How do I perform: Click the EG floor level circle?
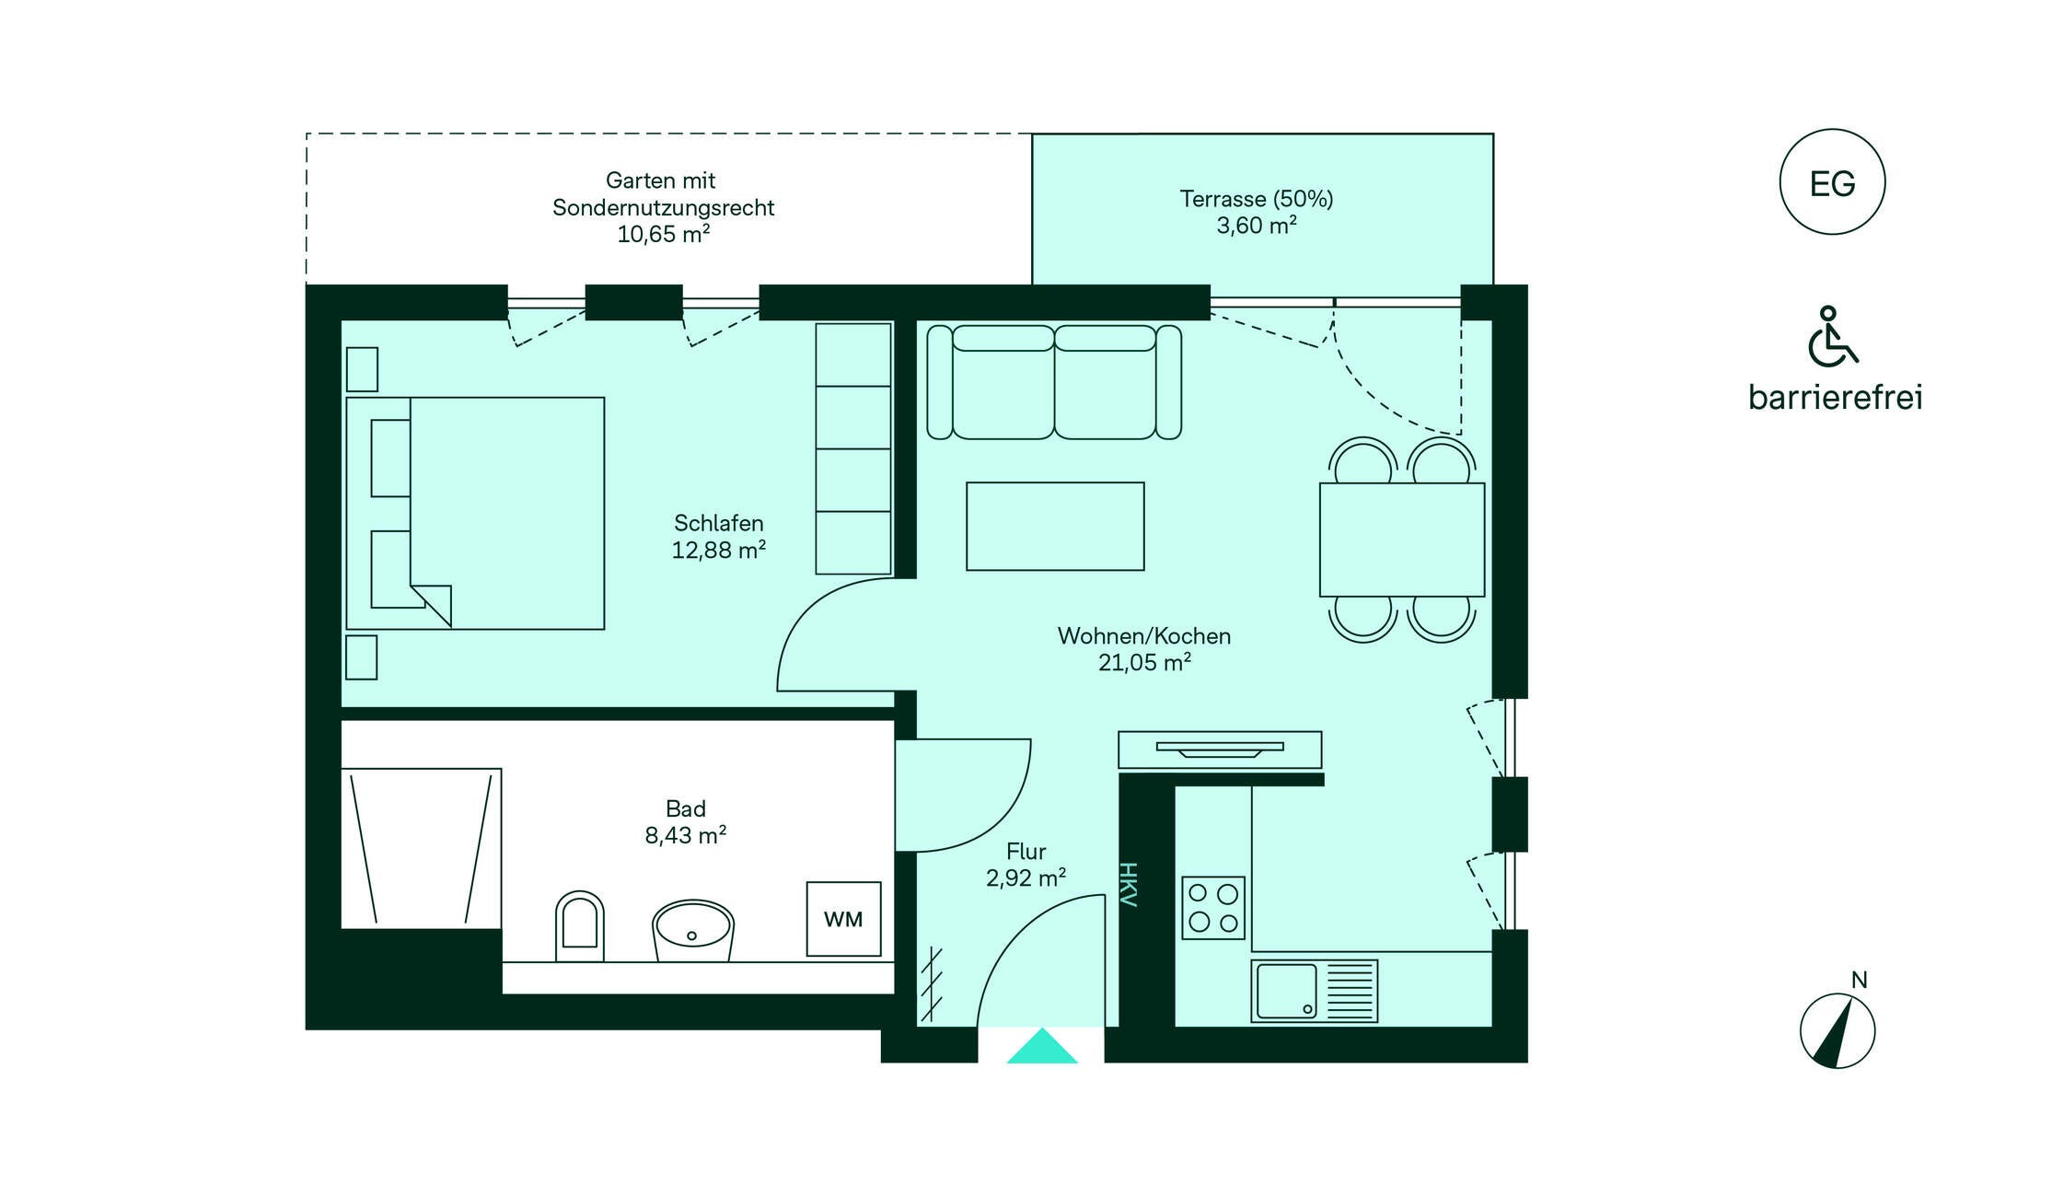pyautogui.click(x=1832, y=181)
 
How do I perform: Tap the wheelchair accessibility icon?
pyautogui.click(x=1832, y=336)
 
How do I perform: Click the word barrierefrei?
pyautogui.click(x=1835, y=397)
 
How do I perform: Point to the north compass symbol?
pyautogui.click(x=1838, y=1030)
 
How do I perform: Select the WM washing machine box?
pyautogui.click(x=843, y=919)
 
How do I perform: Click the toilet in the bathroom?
pyautogui.click(x=580, y=925)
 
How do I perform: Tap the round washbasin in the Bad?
pyautogui.click(x=692, y=930)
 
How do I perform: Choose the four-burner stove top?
pyautogui.click(x=1213, y=907)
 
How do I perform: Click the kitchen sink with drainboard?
pyautogui.click(x=1314, y=991)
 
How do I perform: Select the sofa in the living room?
pyautogui.click(x=1054, y=382)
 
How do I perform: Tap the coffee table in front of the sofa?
pyautogui.click(x=1055, y=526)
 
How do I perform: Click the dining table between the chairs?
pyautogui.click(x=1402, y=540)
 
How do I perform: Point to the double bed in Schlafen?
pyautogui.click(x=475, y=513)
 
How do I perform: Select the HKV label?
pyautogui.click(x=1129, y=885)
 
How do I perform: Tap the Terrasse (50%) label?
pyautogui.click(x=1257, y=198)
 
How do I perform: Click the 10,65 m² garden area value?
pyautogui.click(x=663, y=234)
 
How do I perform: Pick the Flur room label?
pyautogui.click(x=1026, y=851)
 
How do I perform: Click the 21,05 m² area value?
pyautogui.click(x=1144, y=662)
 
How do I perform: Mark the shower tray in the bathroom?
pyautogui.click(x=421, y=848)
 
